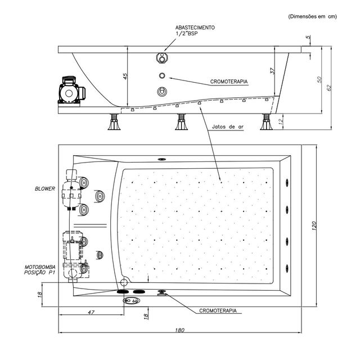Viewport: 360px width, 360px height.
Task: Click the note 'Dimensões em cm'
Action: click(312, 16)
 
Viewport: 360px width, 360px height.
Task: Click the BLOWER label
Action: click(46, 189)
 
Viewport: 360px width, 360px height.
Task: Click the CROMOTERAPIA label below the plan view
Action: click(218, 310)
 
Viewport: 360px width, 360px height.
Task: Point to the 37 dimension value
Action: click(272, 71)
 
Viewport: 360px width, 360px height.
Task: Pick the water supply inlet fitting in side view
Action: click(163, 58)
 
